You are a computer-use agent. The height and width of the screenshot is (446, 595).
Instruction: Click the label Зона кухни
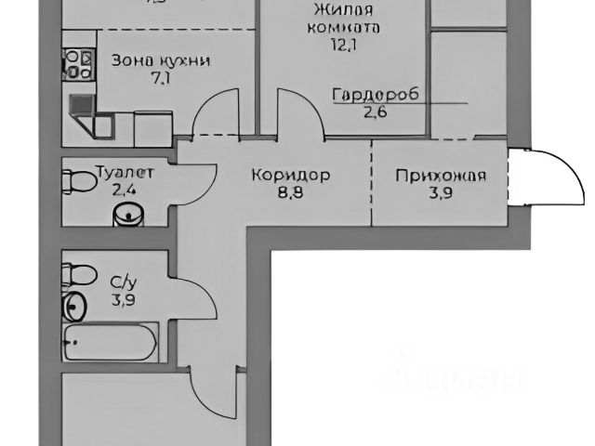[160, 60]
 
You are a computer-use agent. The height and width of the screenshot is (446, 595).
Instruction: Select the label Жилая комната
[343, 19]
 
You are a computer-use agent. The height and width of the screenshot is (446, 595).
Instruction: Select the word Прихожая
[440, 176]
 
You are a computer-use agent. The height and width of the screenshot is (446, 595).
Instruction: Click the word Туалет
[124, 172]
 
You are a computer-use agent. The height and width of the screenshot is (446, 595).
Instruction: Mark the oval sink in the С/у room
[75, 305]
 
